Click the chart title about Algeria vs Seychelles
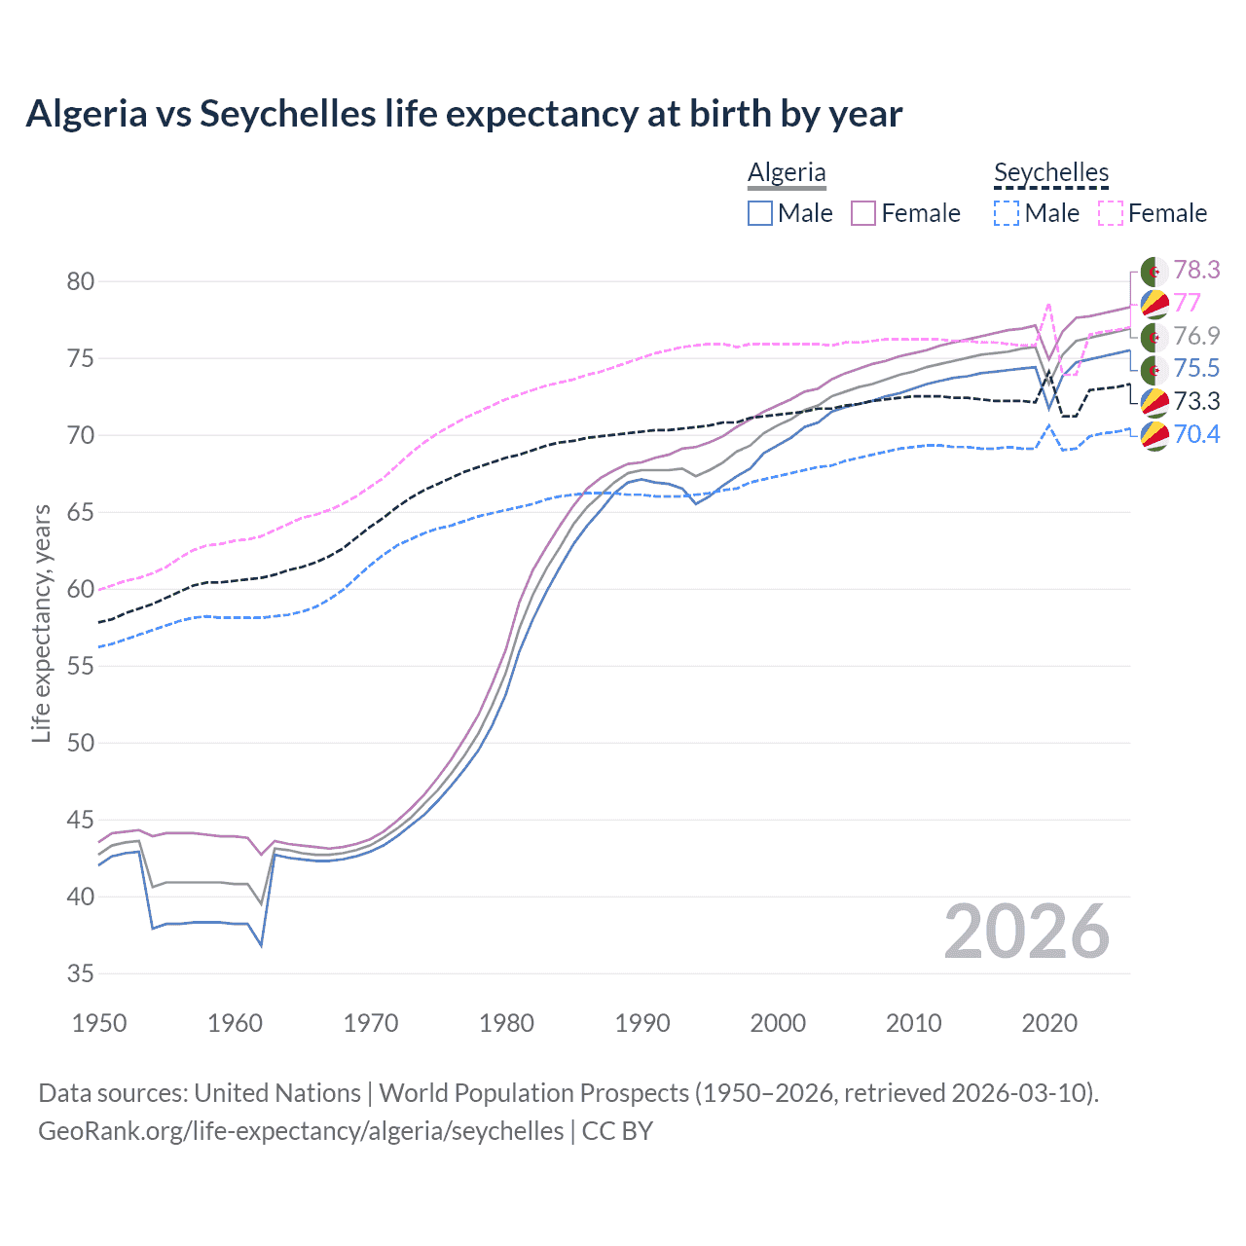pos(463,114)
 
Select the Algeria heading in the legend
pos(787,172)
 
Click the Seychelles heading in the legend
pos(1051,172)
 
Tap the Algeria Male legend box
pos(760,213)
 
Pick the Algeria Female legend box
pos(863,213)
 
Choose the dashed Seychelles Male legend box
pos(1008,213)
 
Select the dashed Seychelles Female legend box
pos(1111,213)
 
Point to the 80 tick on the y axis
pos(81,282)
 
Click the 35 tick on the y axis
pos(81,973)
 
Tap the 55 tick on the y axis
pos(81,666)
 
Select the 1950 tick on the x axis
pos(99,1023)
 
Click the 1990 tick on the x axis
pos(642,1023)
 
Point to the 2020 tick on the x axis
pos(1049,1023)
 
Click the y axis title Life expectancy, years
pos(42,623)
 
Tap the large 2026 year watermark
pos(1026,933)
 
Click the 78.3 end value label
pos(1196,270)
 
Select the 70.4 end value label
pos(1196,434)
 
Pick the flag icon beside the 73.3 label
pos(1154,401)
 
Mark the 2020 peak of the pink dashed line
pos(1048,305)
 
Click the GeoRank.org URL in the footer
pos(301,1131)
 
